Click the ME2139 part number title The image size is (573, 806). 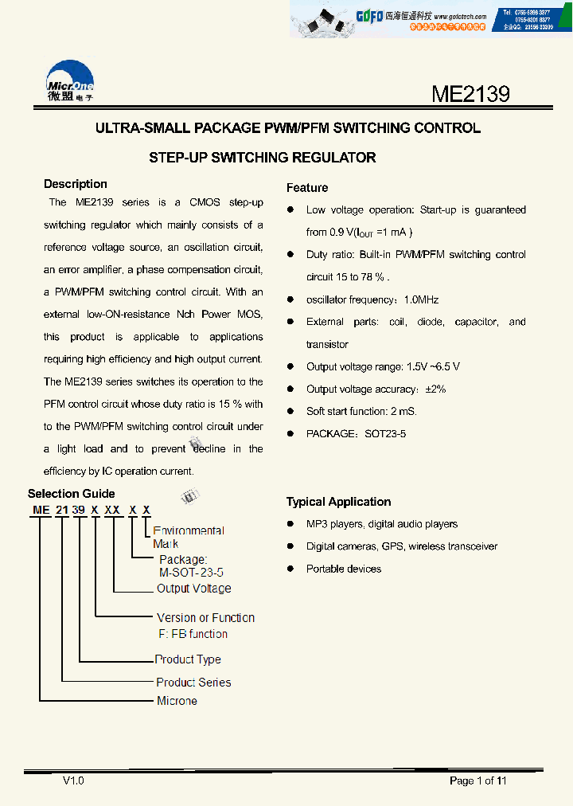470,95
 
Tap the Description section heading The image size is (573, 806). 76,184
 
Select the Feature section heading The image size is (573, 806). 307,188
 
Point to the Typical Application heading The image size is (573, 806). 338,502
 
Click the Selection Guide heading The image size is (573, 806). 72,494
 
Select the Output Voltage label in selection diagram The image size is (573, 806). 194,589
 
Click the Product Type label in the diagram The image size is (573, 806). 188,659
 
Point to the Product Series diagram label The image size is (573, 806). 193,683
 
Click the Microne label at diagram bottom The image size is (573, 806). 177,701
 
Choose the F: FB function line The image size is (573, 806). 192,634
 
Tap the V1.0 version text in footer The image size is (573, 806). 73,781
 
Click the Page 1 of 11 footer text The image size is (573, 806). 477,781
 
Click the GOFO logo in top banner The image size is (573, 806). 368,14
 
